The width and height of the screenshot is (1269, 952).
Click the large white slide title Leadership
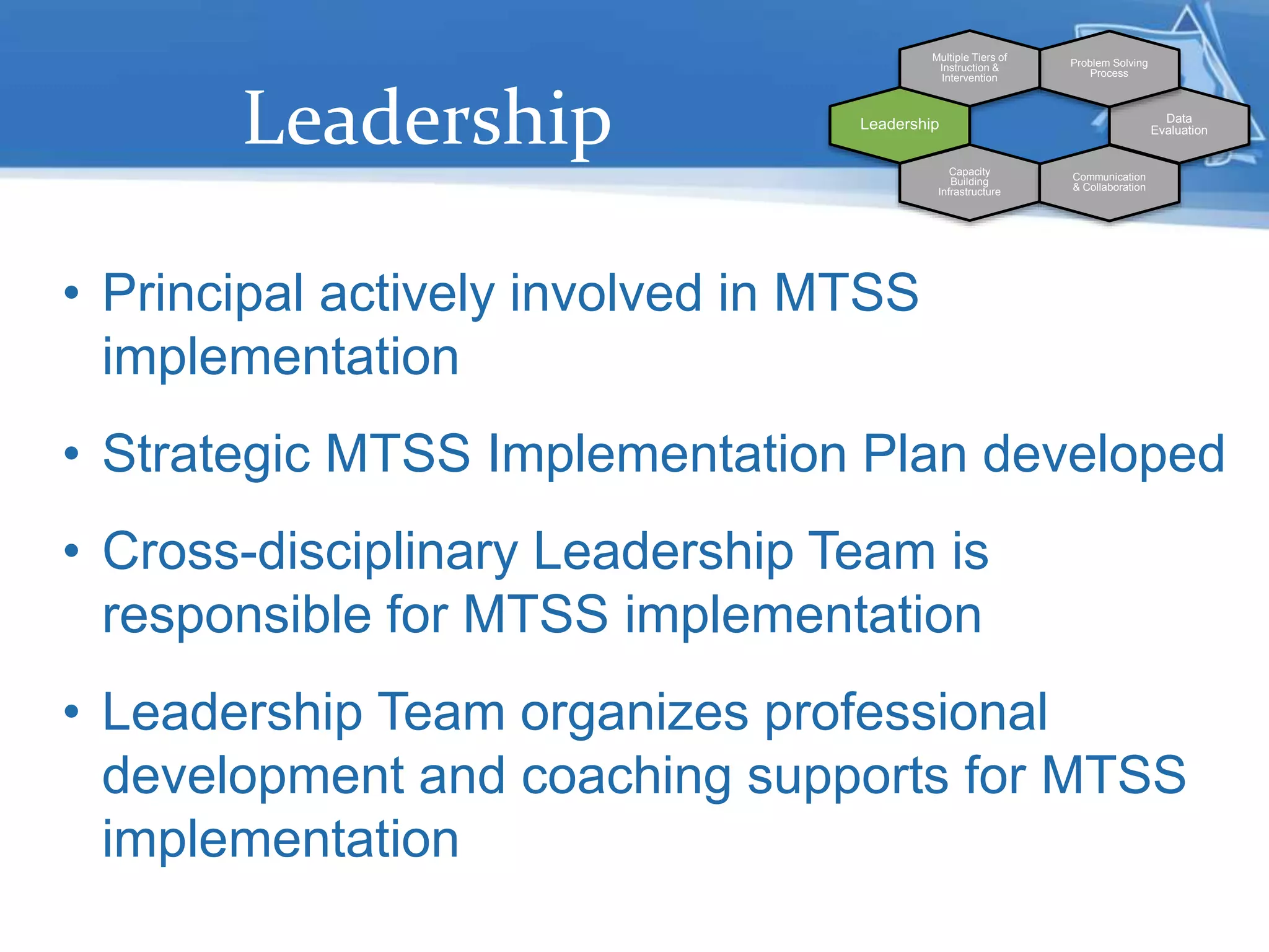click(x=428, y=119)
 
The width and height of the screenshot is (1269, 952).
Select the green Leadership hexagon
click(x=899, y=125)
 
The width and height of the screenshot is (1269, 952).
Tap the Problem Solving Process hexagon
click(x=1109, y=68)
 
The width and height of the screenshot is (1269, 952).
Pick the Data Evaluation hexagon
click(x=1179, y=125)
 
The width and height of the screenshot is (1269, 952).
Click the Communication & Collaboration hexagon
click(x=1109, y=182)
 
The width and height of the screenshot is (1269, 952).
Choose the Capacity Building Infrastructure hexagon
click(x=969, y=182)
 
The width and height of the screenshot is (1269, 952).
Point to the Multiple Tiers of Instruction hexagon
click(x=969, y=68)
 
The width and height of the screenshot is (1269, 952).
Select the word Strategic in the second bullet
click(x=206, y=455)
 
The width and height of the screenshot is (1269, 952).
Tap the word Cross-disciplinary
click(x=310, y=552)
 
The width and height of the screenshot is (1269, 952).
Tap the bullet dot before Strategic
click(x=72, y=454)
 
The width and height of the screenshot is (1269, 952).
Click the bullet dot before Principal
click(x=72, y=293)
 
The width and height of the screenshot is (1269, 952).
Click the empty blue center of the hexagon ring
click(x=1039, y=125)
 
